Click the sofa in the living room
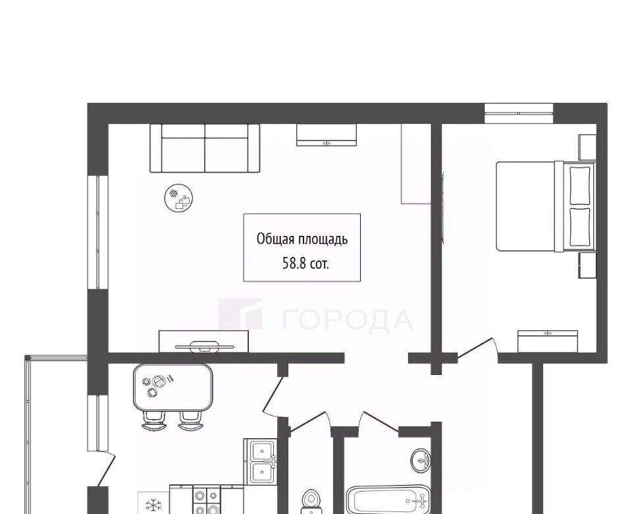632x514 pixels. tap(205, 148)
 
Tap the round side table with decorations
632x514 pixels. tap(179, 198)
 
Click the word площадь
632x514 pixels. tap(323, 240)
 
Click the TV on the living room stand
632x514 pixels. tap(204, 345)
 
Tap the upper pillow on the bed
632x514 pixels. tap(580, 185)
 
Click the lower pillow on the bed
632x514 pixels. tap(580, 227)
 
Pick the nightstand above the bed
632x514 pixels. tap(587, 147)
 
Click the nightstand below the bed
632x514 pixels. tap(587, 265)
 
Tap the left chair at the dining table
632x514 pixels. tap(154, 421)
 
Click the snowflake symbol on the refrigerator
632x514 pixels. tap(153, 505)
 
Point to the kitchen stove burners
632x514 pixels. tap(206, 500)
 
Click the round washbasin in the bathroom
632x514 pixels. tap(421, 460)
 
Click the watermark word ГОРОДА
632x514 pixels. tap(347, 320)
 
